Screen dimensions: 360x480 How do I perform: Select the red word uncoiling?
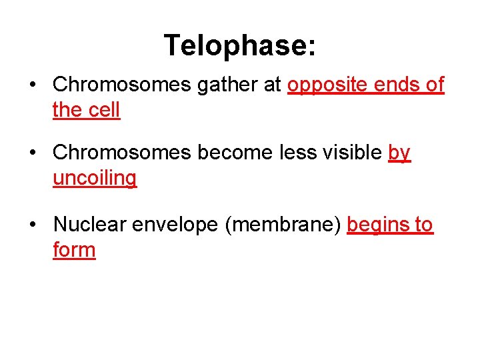pyautogui.click(x=95, y=179)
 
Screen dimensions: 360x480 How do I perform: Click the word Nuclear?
pyautogui.click(x=90, y=225)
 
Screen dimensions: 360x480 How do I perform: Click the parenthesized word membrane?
pyautogui.click(x=283, y=225)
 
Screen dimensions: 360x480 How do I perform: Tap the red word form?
pyautogui.click(x=74, y=251)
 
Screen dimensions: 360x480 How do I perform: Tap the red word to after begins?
pyautogui.click(x=423, y=225)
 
